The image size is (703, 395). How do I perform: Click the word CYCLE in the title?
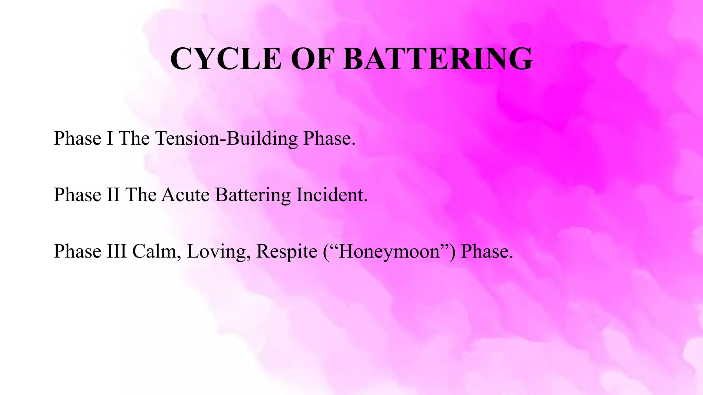(226, 59)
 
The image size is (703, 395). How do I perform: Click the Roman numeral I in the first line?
(110, 138)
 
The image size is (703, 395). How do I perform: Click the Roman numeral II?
(113, 195)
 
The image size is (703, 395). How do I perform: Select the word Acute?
(185, 195)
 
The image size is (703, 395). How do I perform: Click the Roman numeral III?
(117, 251)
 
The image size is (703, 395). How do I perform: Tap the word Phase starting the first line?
(78, 138)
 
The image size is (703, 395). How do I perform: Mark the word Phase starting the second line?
(78, 195)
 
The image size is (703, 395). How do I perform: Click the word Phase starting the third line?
(78, 251)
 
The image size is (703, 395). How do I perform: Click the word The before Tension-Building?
(134, 138)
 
